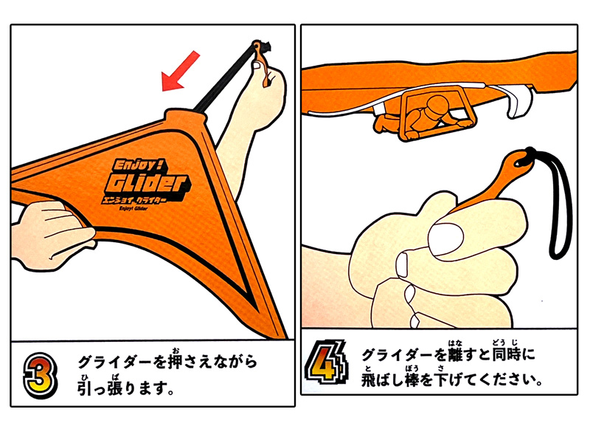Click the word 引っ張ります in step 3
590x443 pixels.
point(126,387)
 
